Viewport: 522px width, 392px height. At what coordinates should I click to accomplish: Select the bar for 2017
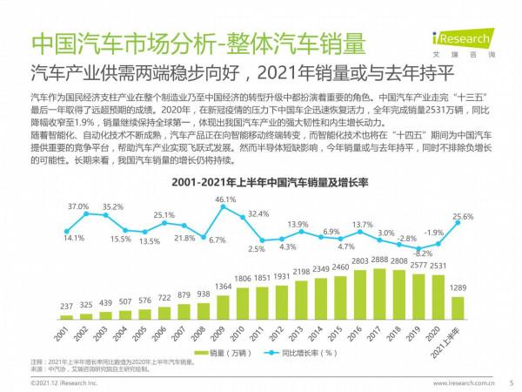pyautogui.click(x=379, y=295)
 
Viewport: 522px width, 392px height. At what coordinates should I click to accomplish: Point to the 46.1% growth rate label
pyautogui.click(x=225, y=199)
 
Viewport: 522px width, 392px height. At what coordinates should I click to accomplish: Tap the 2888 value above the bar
pyautogui.click(x=379, y=261)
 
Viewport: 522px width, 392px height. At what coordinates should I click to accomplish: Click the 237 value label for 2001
pyautogui.click(x=67, y=306)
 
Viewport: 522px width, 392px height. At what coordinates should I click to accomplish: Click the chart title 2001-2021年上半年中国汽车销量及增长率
pyautogui.click(x=261, y=183)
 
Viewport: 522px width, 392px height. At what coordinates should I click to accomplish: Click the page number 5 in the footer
pyautogui.click(x=511, y=382)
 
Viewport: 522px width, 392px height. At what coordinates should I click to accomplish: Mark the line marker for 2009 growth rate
pyautogui.click(x=223, y=210)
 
